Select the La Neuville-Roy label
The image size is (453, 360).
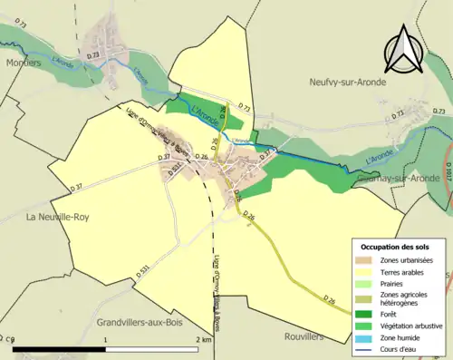pos(56,217)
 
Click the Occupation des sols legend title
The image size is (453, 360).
pos(396,247)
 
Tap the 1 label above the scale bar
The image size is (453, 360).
pos(107,339)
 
